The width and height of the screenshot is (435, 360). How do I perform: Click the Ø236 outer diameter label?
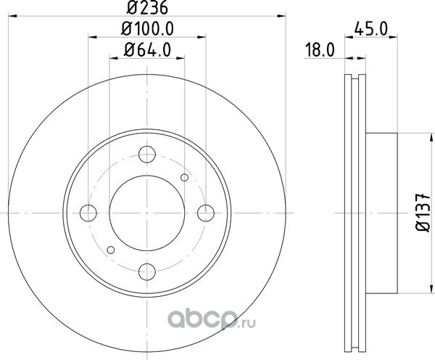pos(147,7)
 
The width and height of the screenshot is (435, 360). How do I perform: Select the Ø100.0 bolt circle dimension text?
pos(147,28)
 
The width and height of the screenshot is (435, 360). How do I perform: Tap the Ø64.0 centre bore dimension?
pos(147,50)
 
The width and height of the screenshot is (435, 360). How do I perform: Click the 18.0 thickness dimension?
pos(320,50)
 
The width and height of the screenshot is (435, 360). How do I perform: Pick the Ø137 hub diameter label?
pos(423,213)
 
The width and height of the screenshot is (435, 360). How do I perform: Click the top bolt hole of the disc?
pos(147,154)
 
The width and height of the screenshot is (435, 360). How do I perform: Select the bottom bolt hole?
pos(147,271)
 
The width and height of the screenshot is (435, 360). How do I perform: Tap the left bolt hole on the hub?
pos(88,213)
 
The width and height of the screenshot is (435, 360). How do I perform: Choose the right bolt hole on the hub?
pos(206,213)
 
